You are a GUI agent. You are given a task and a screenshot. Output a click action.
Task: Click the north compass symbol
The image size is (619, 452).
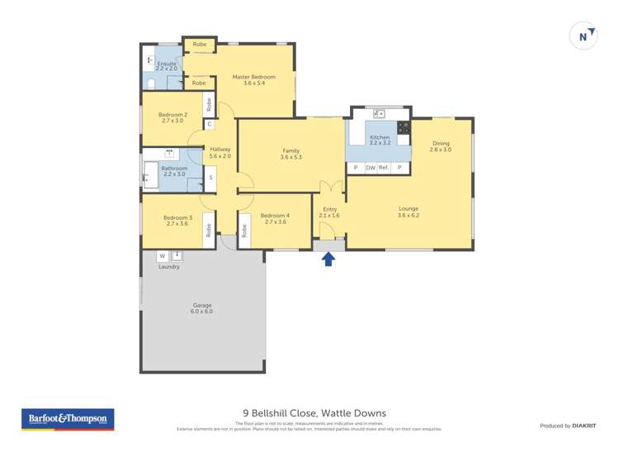click(x=584, y=36)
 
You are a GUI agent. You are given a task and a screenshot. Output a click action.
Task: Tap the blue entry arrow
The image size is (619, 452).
click(x=328, y=259)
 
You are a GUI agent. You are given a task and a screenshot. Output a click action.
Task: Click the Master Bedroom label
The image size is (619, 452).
click(x=259, y=80)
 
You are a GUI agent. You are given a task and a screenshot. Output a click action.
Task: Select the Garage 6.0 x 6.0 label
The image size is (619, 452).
click(x=201, y=308)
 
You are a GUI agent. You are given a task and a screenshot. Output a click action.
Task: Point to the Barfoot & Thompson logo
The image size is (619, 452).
click(x=68, y=420)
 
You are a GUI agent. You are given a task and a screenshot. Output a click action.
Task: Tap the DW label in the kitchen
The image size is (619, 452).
click(x=371, y=168)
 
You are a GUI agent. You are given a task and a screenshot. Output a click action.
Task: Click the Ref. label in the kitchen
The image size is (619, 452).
click(x=384, y=168)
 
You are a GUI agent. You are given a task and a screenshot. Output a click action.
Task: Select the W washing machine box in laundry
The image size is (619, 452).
click(x=162, y=256)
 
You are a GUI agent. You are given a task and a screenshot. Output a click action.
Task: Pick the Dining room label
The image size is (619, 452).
click(x=440, y=146)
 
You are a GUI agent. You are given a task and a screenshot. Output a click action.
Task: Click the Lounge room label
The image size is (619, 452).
click(x=409, y=212)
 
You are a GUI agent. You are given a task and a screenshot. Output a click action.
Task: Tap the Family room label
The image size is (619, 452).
click(x=291, y=154)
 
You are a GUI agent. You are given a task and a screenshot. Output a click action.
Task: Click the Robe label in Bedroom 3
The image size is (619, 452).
click(x=209, y=230)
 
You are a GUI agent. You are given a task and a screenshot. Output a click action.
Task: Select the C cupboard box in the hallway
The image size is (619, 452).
click(x=210, y=125)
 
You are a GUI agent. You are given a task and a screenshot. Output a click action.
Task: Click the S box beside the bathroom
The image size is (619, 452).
click(x=210, y=178)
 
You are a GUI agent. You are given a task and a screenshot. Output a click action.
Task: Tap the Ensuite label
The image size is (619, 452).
click(x=167, y=65)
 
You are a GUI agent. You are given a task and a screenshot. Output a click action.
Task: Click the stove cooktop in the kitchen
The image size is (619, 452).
click(x=404, y=127)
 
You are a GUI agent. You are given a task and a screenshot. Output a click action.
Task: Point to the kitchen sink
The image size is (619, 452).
click(x=379, y=114)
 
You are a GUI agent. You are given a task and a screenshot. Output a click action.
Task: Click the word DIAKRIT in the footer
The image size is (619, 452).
click(x=584, y=426)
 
